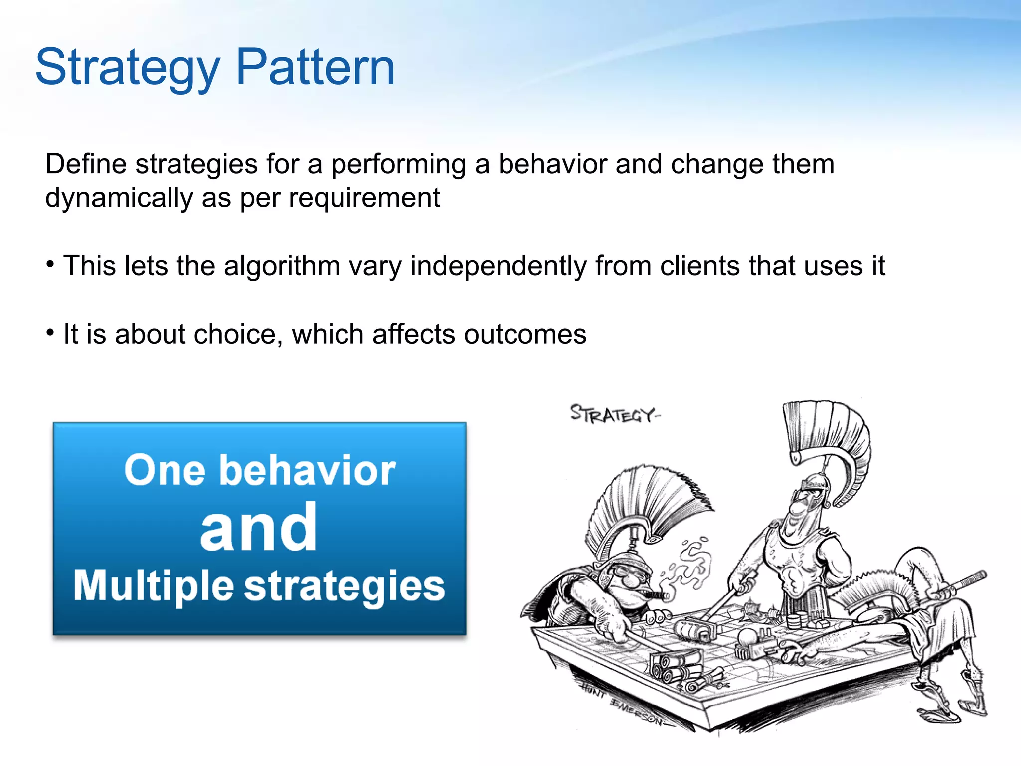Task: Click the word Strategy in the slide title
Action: (127, 67)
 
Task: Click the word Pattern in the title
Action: (315, 67)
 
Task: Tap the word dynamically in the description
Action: (119, 198)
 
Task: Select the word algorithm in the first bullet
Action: (282, 266)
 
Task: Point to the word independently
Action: (498, 266)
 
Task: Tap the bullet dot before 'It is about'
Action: (50, 332)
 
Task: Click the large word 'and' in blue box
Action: (258, 528)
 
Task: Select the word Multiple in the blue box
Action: (154, 585)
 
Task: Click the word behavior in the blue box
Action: (307, 470)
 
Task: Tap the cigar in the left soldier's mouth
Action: (657, 594)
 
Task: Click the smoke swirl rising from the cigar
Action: (690, 564)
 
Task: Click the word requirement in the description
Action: (364, 198)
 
